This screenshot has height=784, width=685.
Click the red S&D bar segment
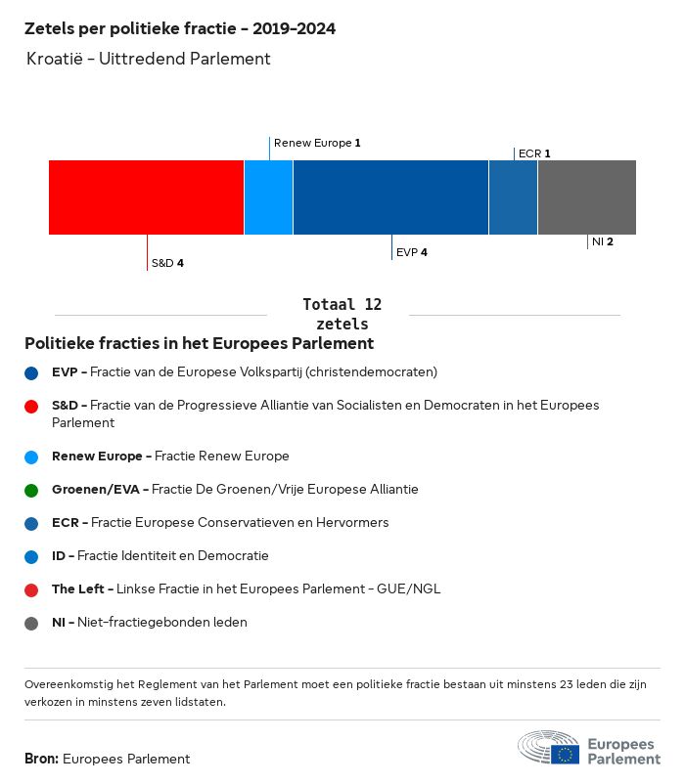pos(146,197)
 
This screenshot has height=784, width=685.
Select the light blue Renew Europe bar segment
pos(269,197)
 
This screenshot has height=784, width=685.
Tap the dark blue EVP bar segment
pos(390,197)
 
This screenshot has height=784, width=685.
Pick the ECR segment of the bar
pos(513,197)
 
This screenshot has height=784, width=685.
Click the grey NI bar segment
pos(587,197)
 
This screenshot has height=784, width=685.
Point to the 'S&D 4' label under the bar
pos(167,263)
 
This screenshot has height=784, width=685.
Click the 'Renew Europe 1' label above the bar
pos(317,143)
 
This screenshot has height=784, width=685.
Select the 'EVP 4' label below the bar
pos(412,252)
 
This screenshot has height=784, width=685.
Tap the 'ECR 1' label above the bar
pos(534,153)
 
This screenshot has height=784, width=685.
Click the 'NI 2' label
pos(603,241)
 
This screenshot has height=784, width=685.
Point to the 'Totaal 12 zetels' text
pos(342,314)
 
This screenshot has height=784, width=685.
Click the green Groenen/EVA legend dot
pos(31,491)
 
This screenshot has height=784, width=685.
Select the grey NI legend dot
pos(31,624)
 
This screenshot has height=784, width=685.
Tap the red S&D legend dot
pos(31,407)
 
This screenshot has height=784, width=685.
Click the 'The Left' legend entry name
pos(78,589)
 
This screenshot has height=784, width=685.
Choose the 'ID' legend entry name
pos(59,556)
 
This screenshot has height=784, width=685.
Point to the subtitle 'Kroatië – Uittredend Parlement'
pos(149,59)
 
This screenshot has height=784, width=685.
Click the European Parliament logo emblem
pos(548,747)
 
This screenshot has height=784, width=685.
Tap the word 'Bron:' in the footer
pos(41,759)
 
